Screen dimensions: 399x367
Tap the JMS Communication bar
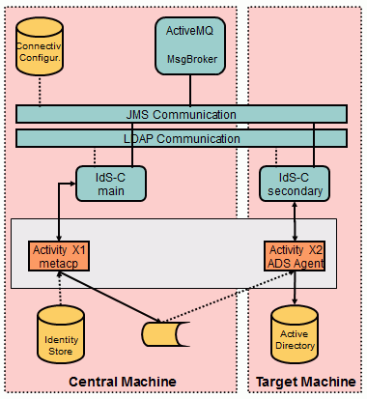click(182, 114)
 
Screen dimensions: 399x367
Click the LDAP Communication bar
click(182, 138)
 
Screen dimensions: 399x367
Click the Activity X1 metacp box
click(60, 255)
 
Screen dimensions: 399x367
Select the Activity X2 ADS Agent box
click(294, 255)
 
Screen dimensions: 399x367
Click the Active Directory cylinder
click(294, 334)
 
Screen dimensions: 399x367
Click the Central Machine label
click(122, 383)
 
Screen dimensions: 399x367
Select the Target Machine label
click(304, 383)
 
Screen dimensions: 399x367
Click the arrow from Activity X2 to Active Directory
click(294, 286)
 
